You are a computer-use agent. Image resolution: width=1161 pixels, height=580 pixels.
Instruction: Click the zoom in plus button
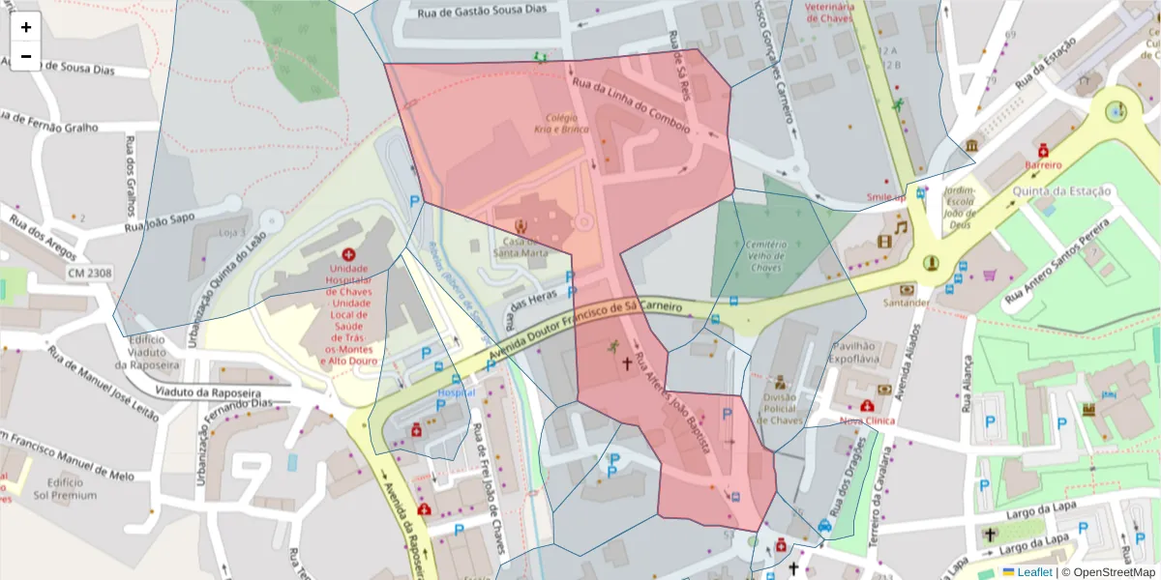tap(26, 27)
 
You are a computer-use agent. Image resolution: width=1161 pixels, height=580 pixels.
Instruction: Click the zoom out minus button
tap(26, 56)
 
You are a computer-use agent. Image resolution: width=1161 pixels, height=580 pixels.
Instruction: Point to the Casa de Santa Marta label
tap(521, 247)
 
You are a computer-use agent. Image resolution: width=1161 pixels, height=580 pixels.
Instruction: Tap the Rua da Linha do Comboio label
tap(631, 106)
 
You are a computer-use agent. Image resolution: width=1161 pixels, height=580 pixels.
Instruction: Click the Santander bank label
tap(907, 303)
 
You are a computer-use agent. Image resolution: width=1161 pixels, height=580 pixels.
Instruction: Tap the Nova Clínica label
tap(866, 421)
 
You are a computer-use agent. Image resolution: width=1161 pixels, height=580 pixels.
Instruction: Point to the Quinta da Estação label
tap(1060, 191)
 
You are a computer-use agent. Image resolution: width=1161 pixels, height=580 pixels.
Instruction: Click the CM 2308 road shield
tap(89, 274)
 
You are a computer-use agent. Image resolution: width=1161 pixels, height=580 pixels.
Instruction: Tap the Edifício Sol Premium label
tap(65, 488)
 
